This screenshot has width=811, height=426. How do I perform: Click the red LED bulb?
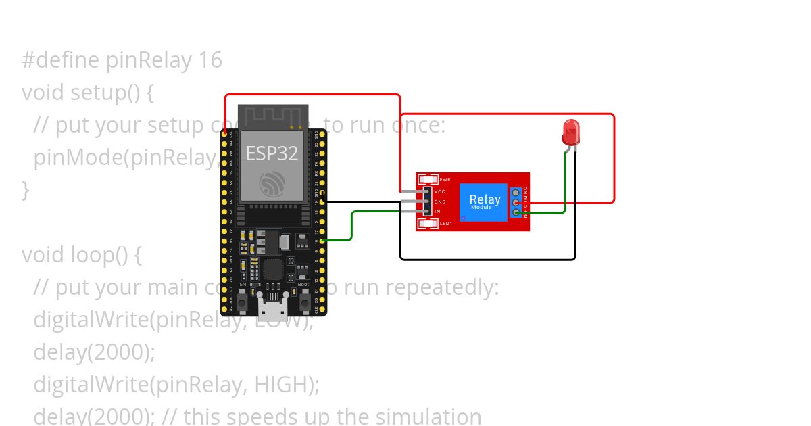point(571,132)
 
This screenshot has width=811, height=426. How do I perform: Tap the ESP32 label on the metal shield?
point(272,153)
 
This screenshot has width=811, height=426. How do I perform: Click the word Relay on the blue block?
point(485,199)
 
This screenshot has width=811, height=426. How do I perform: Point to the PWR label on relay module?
point(445,180)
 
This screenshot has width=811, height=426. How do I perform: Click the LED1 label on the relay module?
point(445,224)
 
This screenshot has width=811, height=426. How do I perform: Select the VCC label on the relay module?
point(439,192)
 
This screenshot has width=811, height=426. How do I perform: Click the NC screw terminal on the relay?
point(516,193)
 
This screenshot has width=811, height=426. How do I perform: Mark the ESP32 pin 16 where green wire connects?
point(322,240)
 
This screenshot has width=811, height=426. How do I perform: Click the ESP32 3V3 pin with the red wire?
point(224,134)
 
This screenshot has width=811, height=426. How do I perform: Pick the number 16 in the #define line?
point(210,60)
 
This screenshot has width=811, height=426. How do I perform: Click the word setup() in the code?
point(105,93)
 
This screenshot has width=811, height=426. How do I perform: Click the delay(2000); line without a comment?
point(95,352)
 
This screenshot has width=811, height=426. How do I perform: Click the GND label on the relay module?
point(439,202)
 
